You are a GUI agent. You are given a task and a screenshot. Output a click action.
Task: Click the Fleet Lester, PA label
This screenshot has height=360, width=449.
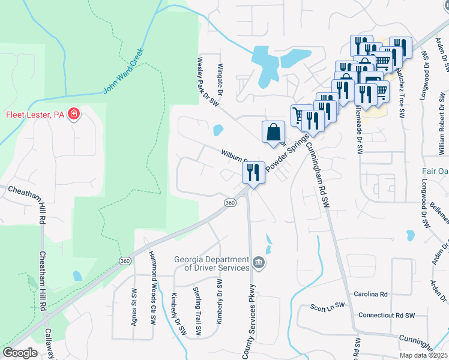(35, 115)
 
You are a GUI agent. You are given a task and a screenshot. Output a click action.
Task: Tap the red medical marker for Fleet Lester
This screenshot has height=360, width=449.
(74, 114)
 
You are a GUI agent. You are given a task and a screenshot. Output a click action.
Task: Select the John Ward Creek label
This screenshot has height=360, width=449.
(124, 71)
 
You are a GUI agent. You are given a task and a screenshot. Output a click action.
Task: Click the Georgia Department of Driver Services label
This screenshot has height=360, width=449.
(212, 263)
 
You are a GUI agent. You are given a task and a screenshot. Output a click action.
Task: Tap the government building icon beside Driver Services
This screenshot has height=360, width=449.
(258, 262)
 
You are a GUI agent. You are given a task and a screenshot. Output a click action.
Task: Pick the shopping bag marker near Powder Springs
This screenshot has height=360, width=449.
(273, 131)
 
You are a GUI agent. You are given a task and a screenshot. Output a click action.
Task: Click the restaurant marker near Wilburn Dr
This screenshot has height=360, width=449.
(253, 173)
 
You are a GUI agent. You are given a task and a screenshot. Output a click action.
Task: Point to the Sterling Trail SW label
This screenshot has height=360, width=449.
(197, 311)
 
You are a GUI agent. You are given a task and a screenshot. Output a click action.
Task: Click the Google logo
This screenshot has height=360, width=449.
(20, 353)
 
